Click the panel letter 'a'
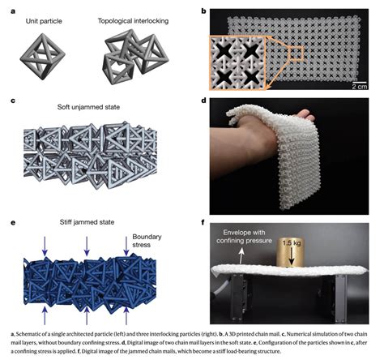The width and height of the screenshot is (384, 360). point(13,11)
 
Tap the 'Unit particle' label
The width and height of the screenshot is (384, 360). point(44,21)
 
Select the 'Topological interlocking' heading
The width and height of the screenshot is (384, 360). point(133,21)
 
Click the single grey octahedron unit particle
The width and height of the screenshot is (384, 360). point(43,57)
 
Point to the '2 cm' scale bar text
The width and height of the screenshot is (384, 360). point(360,87)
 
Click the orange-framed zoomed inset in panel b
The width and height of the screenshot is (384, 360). point(237,62)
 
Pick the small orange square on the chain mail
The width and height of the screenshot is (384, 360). point(297,53)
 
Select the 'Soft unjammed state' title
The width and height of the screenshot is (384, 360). point(88,107)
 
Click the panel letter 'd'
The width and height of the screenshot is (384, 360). point(203,101)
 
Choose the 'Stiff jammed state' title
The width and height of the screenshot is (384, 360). point(87,222)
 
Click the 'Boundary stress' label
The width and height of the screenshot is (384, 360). point(147,241)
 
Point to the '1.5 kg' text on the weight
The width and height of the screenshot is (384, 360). point(292,243)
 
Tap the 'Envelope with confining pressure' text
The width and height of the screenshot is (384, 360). point(244,237)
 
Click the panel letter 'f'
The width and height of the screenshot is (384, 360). point(203,222)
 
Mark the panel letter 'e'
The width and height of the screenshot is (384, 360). point(13,223)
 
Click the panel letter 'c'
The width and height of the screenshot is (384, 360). point(13,101)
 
